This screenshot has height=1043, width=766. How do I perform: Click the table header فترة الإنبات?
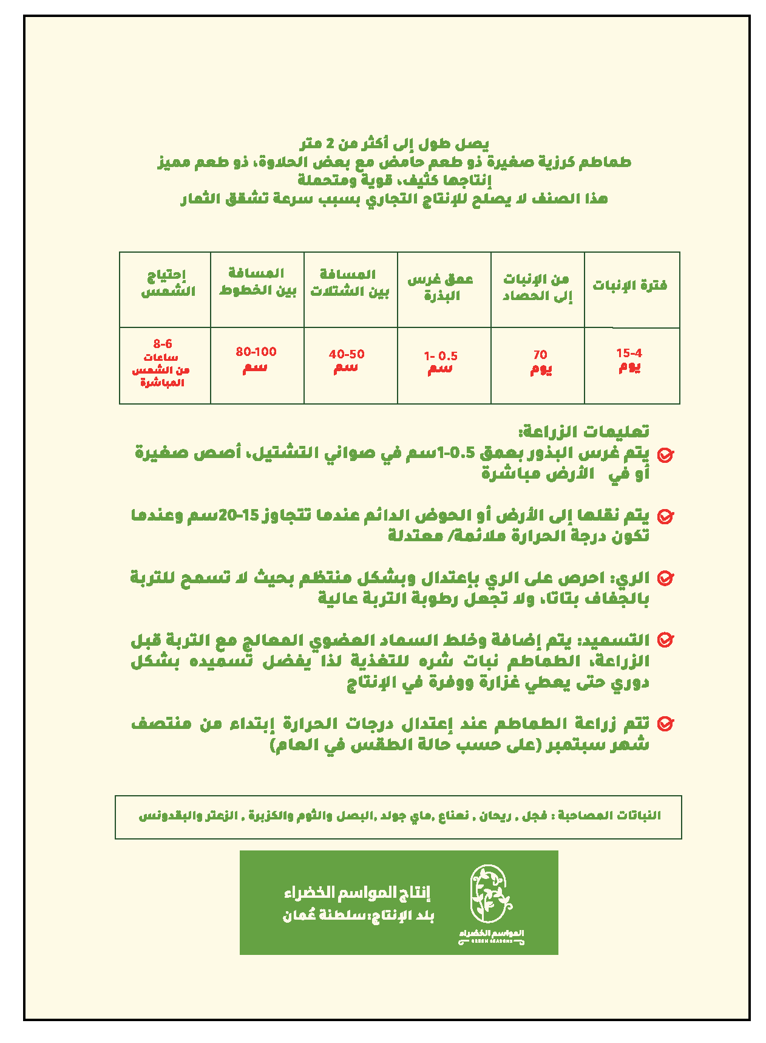[x=630, y=286]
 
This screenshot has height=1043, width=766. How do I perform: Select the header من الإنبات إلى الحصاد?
[x=537, y=288]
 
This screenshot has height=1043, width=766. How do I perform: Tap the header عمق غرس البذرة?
[x=441, y=287]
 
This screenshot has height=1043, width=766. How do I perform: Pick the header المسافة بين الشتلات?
[x=350, y=283]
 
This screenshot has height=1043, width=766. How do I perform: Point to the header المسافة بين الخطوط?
[x=257, y=282]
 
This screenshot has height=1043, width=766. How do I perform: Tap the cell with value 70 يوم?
[x=540, y=362]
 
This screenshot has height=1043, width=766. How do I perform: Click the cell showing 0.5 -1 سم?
[x=441, y=363]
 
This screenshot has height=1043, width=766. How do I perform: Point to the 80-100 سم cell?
[x=256, y=360]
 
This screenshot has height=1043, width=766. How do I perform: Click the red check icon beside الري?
[x=666, y=578]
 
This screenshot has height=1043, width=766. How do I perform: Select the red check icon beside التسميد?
[x=666, y=640]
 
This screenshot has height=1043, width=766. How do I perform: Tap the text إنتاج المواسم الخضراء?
[x=357, y=892]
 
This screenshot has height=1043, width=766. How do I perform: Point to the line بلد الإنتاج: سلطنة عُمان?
[x=358, y=916]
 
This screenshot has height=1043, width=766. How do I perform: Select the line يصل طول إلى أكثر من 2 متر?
[x=395, y=144]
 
